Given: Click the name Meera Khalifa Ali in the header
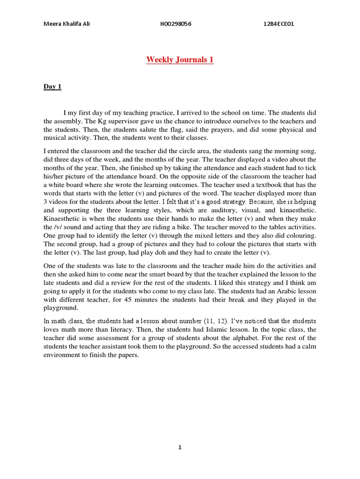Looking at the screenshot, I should point(66,24).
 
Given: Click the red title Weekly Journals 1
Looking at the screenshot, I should point(180,60).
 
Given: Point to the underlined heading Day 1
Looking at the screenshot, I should point(52,87).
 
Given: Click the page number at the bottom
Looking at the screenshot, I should point(180,447).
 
